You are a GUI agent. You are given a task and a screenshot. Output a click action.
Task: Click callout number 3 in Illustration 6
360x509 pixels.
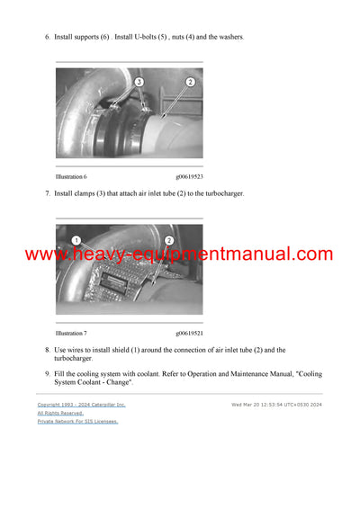pos(139,82)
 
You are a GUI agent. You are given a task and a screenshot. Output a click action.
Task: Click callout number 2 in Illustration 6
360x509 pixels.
pos(190,82)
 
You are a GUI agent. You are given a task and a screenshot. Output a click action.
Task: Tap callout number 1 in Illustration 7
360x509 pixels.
pos(76,240)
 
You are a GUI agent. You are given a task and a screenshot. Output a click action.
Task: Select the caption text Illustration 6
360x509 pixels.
pos(71,176)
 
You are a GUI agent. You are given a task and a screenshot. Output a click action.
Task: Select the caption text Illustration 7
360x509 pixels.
pos(71,333)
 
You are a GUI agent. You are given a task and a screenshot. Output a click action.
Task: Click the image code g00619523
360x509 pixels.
pos(189,176)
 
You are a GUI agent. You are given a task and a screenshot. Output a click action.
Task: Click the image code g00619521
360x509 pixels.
pos(189,333)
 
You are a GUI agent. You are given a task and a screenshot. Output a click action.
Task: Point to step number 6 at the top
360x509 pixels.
pos(47,37)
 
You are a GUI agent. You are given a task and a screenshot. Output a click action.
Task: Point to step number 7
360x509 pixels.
pos(47,193)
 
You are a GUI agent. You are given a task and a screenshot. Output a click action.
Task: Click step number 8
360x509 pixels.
pos(47,350)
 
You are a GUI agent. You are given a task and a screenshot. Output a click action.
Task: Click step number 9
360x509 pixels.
pos(47,373)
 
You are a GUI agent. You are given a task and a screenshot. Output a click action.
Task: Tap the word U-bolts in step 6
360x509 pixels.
pos(141,37)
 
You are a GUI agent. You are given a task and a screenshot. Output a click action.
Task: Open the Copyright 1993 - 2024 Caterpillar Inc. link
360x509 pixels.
pos(81,405)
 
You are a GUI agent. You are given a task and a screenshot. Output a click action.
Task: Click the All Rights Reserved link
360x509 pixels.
pos(58,413)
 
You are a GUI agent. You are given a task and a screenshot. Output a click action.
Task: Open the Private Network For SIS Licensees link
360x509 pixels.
pos(77,421)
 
